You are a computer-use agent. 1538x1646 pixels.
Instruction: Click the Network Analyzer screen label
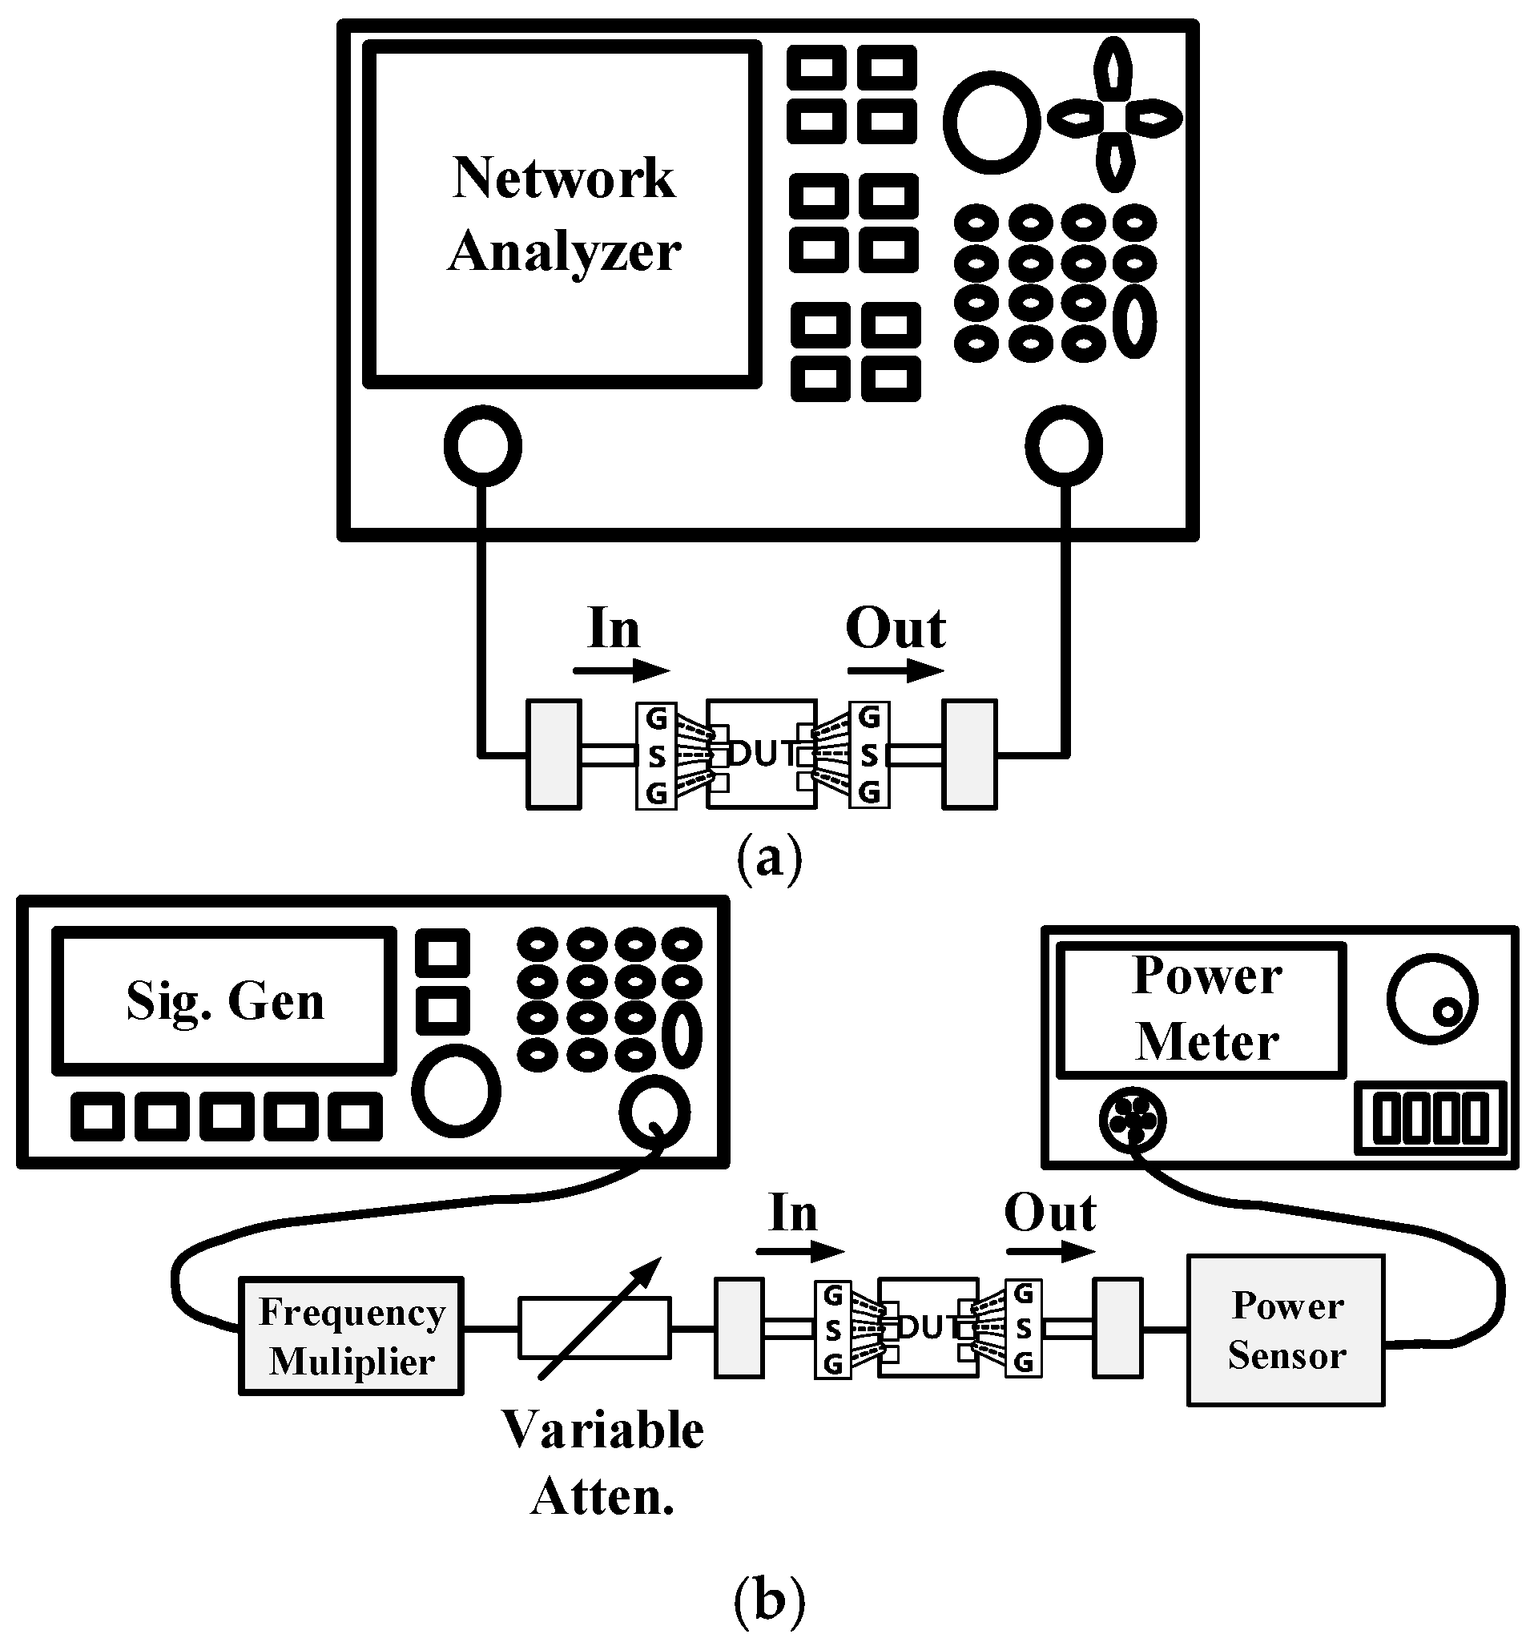coord(563,214)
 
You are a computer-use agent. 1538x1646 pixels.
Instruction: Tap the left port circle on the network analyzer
coord(483,445)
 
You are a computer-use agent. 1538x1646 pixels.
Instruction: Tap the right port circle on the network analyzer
coord(1064,445)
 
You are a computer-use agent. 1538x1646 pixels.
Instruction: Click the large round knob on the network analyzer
coord(992,122)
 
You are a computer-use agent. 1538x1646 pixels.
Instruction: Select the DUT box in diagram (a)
coord(761,754)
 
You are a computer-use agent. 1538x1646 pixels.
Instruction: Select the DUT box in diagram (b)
coord(928,1327)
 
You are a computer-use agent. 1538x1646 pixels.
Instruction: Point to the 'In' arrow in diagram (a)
coord(620,670)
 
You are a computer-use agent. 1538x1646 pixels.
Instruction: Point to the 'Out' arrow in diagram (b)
coord(1050,1251)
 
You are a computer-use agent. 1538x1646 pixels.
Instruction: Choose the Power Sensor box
coord(1286,1330)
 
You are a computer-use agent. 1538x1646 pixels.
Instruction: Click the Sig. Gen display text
coord(224,1001)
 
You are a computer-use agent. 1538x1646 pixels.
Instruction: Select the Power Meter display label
coord(1206,1008)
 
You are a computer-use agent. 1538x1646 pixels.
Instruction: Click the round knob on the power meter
coord(1432,1000)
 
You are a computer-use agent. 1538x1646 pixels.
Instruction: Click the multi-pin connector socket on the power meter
coord(1132,1120)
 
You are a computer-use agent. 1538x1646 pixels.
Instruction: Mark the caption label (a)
coord(770,858)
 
